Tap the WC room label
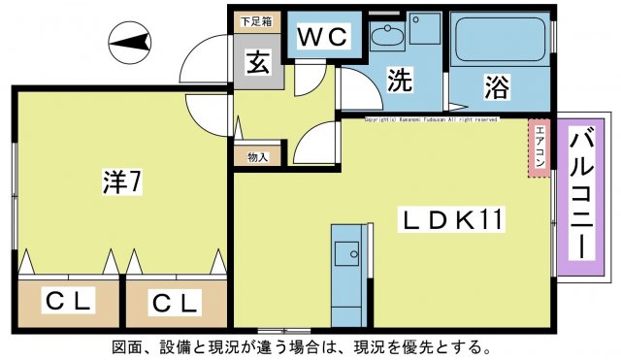coord(323,37)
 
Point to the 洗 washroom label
coord(399,82)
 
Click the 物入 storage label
coord(257,155)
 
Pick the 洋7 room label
coord(121,181)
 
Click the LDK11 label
coord(452,221)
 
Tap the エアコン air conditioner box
coord(538,148)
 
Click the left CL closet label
coord(67,303)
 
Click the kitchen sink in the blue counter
coord(347,254)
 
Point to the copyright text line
coord(431,119)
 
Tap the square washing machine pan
coord(424,28)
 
